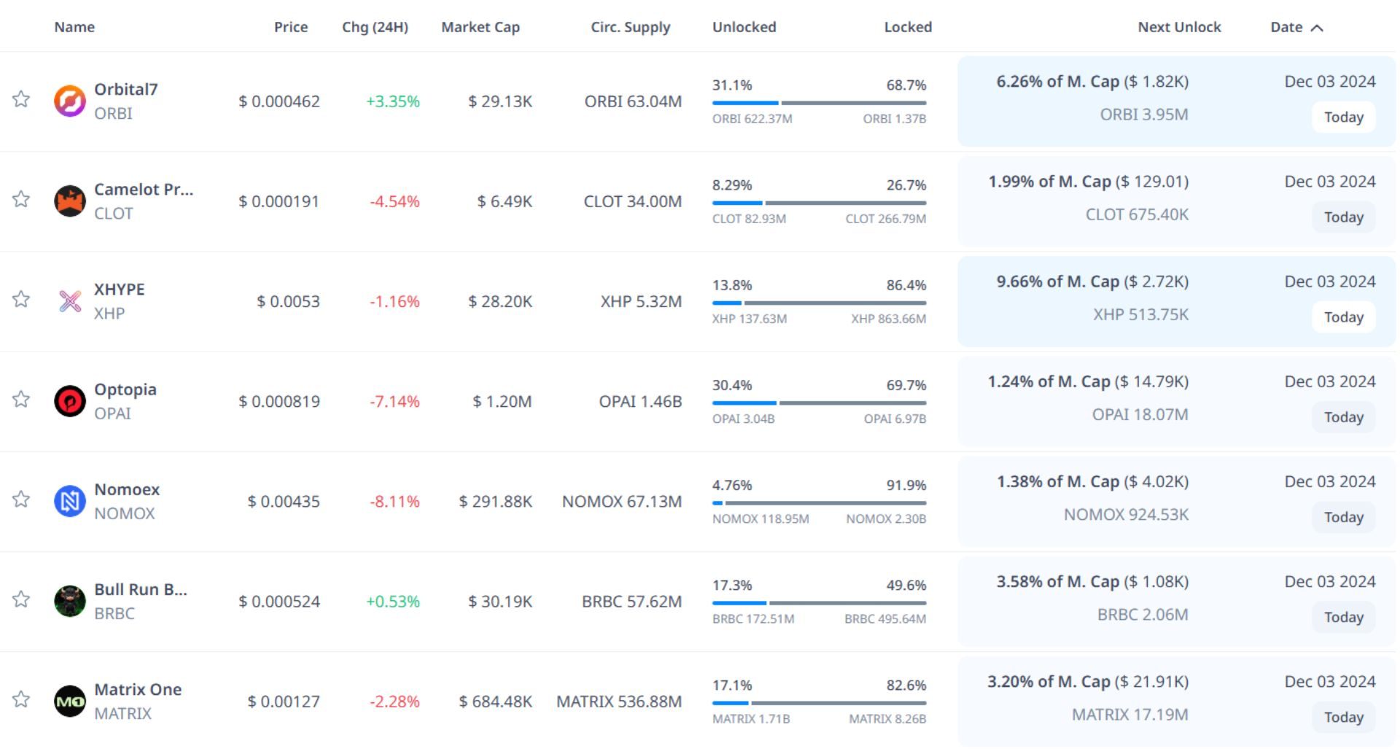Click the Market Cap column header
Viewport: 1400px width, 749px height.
point(480,27)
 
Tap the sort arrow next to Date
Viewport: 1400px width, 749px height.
point(1316,28)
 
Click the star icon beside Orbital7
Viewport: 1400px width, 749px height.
point(21,99)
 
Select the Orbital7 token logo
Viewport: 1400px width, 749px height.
point(70,101)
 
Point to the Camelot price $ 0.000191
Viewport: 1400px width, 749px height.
point(279,201)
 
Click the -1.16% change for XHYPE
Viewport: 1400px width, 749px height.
point(394,301)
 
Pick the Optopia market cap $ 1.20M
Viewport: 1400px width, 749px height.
point(502,401)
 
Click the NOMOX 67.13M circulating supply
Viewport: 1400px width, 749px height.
point(621,501)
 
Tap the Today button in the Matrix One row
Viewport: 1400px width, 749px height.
point(1343,717)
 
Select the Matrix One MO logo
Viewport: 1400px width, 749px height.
point(70,702)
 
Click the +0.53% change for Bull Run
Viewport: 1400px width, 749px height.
point(392,602)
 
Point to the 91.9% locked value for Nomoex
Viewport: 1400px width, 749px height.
point(906,485)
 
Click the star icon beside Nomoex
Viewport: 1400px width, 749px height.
point(21,500)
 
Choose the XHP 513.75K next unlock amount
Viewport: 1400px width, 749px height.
point(1140,314)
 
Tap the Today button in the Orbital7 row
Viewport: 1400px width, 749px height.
point(1343,117)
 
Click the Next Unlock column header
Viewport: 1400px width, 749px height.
point(1179,27)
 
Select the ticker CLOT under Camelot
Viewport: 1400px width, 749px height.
point(114,214)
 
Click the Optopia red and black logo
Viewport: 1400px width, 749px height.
point(70,401)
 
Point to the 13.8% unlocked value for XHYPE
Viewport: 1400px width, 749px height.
point(732,285)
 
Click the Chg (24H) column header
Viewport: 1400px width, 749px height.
point(375,27)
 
